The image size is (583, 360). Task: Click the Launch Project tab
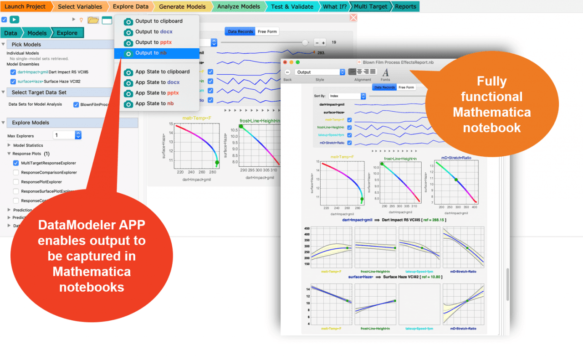25,6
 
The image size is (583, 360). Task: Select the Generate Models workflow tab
182,6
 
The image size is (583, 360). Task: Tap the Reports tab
405,6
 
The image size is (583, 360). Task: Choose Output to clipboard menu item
159,21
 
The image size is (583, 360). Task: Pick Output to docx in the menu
153,31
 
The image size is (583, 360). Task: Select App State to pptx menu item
157,93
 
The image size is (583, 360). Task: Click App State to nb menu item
154,103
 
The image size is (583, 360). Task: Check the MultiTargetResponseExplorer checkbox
16,163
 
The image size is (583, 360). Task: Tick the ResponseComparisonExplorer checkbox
16,172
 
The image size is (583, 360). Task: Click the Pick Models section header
26,44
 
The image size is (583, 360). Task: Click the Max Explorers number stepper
78,135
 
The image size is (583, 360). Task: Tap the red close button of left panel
353,18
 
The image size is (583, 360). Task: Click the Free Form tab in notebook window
406,87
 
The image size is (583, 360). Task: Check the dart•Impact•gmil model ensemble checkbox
13,72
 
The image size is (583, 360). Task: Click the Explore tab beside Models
67,33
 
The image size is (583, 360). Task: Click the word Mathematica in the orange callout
492,112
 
